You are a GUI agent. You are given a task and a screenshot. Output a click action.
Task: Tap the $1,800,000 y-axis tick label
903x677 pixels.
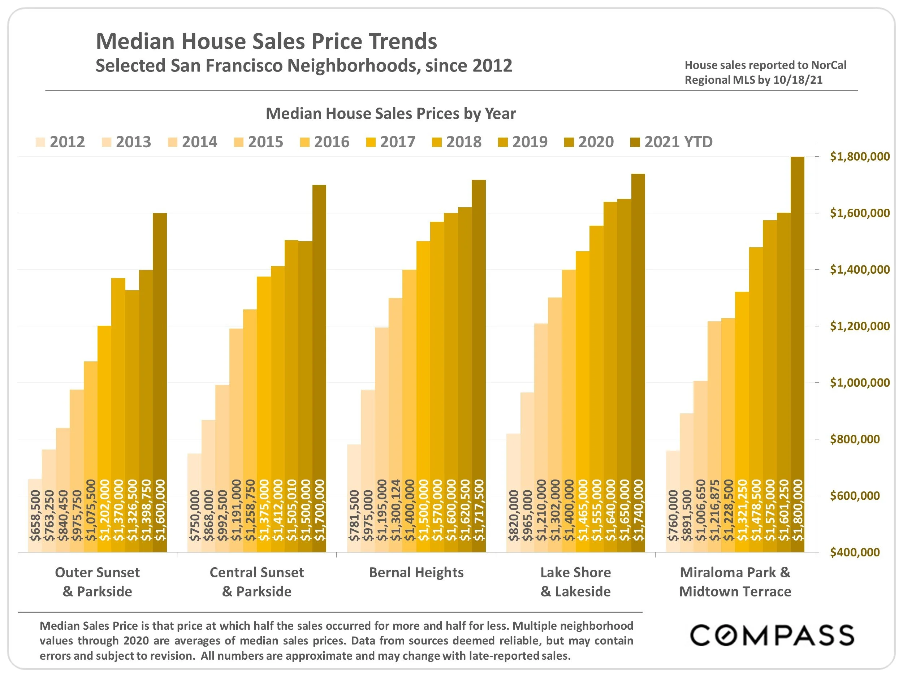click(859, 157)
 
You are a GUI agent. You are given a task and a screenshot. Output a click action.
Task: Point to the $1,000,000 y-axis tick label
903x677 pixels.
click(859, 383)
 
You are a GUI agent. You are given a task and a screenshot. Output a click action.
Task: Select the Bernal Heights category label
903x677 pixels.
click(416, 573)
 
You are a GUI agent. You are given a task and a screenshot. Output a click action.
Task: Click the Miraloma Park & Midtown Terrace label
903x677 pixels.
click(735, 582)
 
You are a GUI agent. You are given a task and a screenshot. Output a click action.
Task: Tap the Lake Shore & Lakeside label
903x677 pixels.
click(576, 582)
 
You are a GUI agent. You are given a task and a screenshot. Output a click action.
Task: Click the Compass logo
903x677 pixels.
click(772, 635)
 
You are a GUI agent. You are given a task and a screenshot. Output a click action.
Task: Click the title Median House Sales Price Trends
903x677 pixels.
click(266, 41)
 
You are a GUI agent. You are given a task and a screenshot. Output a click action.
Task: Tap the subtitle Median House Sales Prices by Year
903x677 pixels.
click(391, 114)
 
